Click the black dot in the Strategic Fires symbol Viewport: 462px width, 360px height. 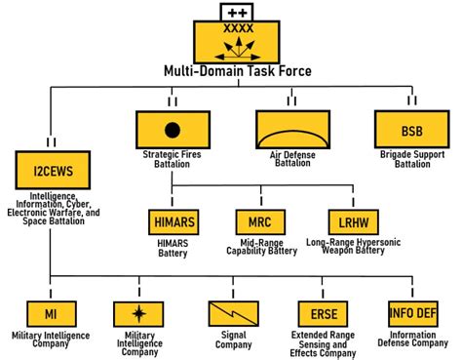(x=173, y=129)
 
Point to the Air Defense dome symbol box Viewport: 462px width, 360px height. (x=289, y=129)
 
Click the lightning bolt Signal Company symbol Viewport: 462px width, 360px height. (x=231, y=312)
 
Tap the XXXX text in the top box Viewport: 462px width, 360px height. (x=235, y=29)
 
